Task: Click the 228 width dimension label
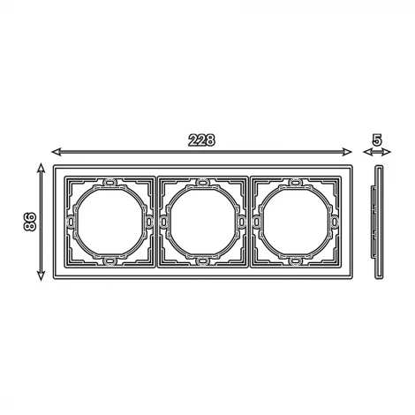coord(201,140)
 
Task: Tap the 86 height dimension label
coord(29,222)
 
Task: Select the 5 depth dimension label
coord(377,140)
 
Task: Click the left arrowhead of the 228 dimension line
coord(56,152)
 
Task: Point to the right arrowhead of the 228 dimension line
coord(348,152)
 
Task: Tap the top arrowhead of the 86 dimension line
coord(41,167)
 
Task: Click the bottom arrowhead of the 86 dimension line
coord(41,275)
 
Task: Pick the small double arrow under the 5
coord(377,152)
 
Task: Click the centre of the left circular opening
coord(109,222)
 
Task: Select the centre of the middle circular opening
coord(202,222)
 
